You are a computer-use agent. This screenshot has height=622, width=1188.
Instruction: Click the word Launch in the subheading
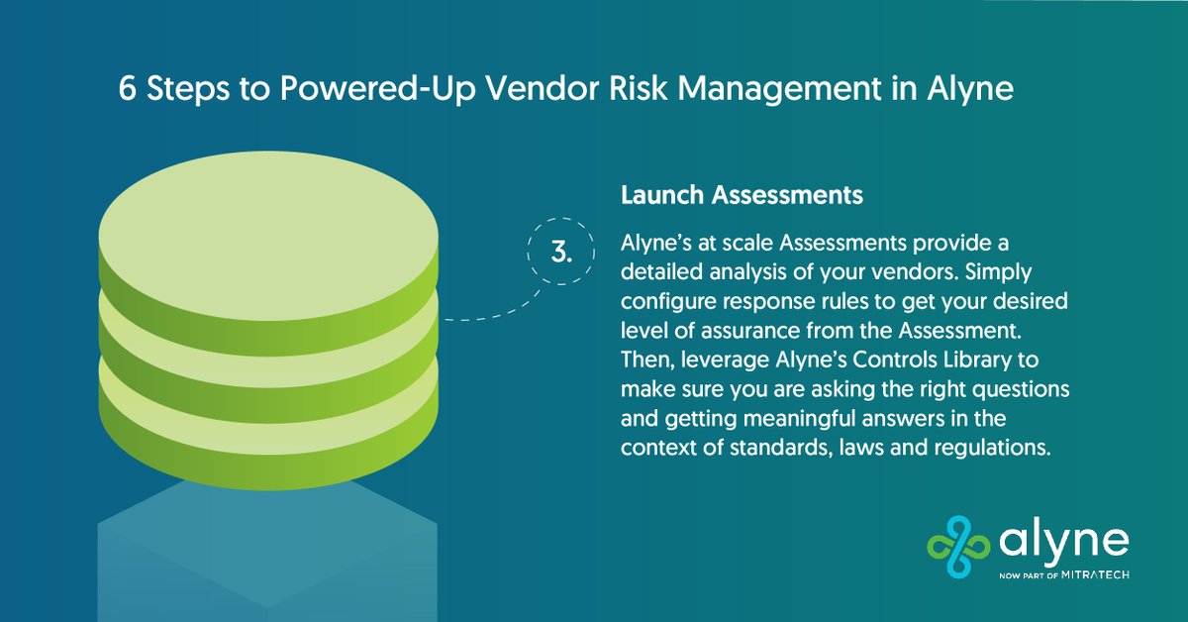point(662,196)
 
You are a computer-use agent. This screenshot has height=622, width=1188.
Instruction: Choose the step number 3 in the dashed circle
point(561,251)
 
